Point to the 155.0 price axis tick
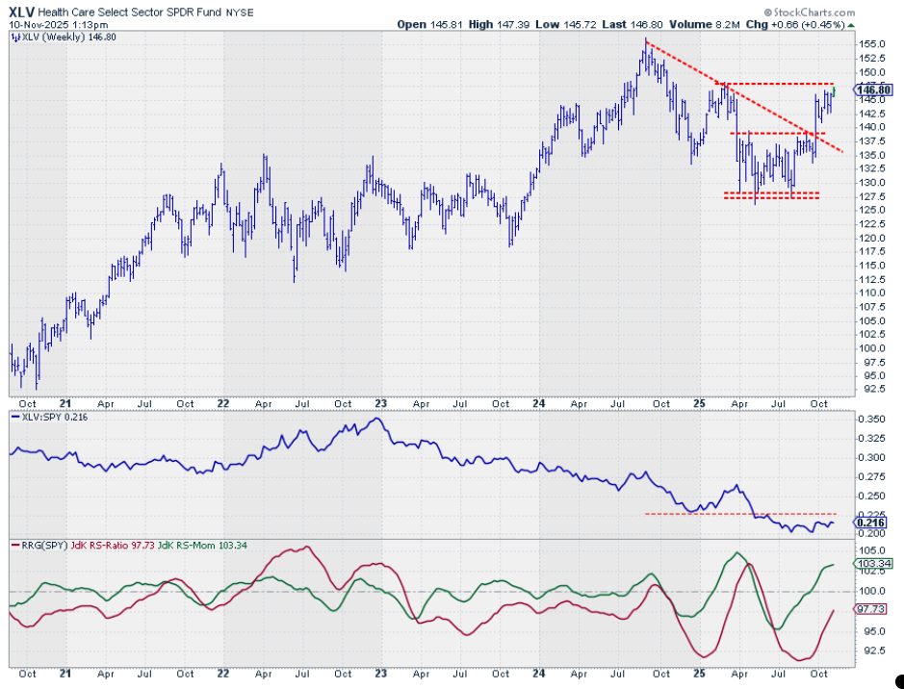pos(871,44)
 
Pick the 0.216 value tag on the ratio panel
pos(870,523)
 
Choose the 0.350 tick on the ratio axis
pos(870,421)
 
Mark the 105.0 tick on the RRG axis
pos(870,549)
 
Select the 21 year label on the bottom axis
pos(64,403)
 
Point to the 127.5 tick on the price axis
pos(871,196)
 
